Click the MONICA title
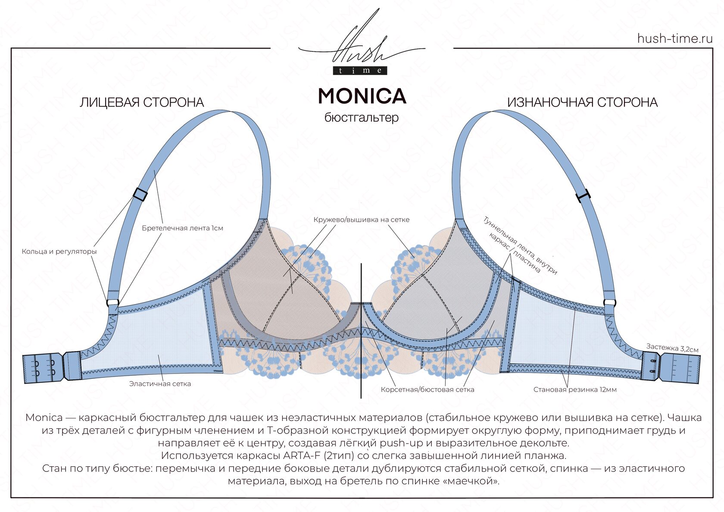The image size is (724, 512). click(x=362, y=96)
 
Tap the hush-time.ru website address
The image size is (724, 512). click(x=675, y=38)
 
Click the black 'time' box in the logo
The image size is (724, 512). click(x=360, y=71)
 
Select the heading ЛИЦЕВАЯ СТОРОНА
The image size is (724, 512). click(x=142, y=103)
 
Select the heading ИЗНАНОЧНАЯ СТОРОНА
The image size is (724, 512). click(x=582, y=103)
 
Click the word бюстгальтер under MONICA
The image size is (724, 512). click(x=362, y=117)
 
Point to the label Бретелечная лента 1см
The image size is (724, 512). click(x=182, y=228)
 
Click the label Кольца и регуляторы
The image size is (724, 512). click(x=59, y=251)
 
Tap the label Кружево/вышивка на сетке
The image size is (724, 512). click(x=362, y=220)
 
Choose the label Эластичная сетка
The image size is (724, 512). click(x=160, y=383)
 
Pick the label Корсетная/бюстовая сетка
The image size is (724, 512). click(x=428, y=389)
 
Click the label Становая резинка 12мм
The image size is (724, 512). click(x=575, y=389)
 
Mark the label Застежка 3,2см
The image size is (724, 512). click(x=672, y=348)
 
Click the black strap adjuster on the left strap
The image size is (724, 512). click(x=140, y=194)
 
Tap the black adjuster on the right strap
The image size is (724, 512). click(x=583, y=196)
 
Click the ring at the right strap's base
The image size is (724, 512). click(x=610, y=302)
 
